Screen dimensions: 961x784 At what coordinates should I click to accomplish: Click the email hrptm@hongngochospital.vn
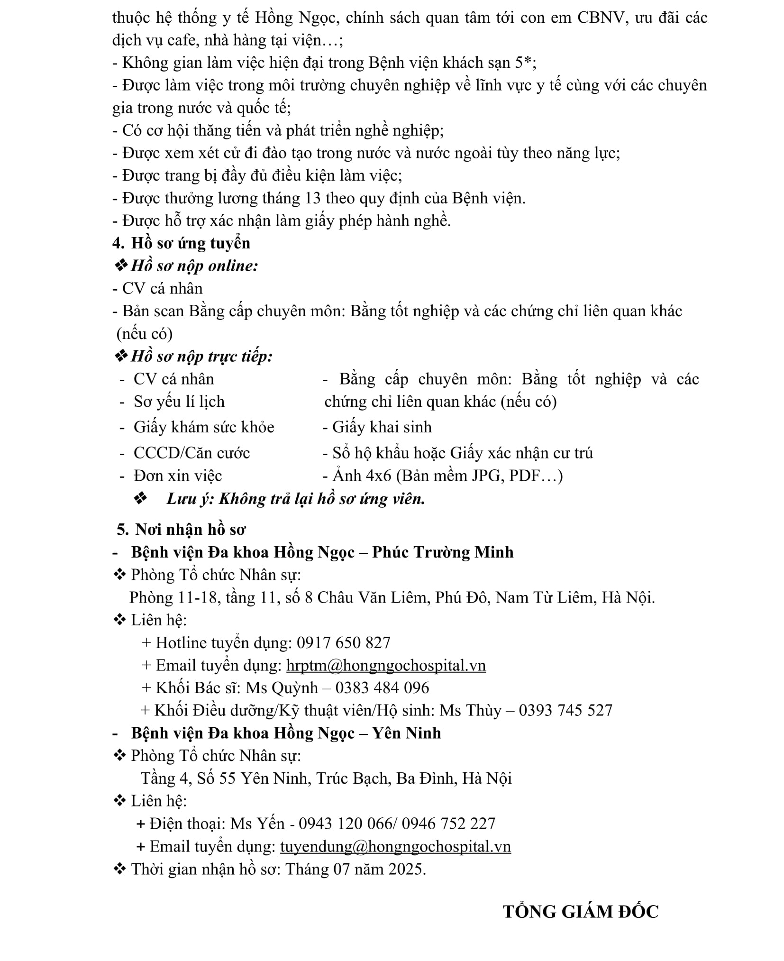point(386,665)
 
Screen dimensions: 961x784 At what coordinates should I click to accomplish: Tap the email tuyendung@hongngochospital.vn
point(395,846)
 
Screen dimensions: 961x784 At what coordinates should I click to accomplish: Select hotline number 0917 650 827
point(344,642)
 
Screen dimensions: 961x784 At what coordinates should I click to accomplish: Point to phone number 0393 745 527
point(565,710)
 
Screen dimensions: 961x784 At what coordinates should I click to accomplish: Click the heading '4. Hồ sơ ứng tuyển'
point(182,243)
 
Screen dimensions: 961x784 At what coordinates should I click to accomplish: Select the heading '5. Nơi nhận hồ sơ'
point(182,529)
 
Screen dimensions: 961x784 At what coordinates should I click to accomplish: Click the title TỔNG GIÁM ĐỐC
point(581,912)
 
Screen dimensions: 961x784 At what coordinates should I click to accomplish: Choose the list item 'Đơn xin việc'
point(178,476)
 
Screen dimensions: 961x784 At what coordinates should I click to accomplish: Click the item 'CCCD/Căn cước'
point(191,453)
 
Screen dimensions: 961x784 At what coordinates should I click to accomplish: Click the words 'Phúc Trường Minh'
point(443,552)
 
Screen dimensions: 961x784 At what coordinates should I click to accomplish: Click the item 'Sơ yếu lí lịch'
point(179,402)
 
